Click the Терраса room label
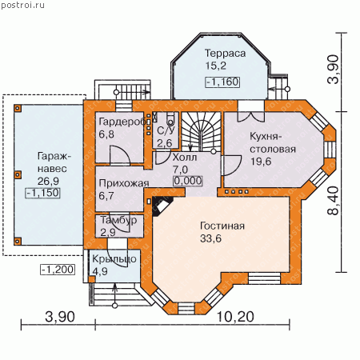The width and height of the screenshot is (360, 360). tap(225, 54)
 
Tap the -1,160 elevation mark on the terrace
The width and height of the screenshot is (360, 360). tap(222, 82)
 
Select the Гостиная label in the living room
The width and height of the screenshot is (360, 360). tap(222, 226)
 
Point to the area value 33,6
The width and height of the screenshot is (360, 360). tap(210, 238)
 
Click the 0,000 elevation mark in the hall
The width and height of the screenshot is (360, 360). tap(188, 181)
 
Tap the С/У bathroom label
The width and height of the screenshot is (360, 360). tap(166, 130)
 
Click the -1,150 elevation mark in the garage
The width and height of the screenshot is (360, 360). tap(42, 193)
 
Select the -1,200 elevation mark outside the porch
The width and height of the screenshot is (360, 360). tap(58, 270)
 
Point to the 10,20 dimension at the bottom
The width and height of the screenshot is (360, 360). tap(235, 317)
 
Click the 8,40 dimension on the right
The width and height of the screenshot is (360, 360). tap(334, 201)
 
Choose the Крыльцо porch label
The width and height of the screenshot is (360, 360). tap(114, 259)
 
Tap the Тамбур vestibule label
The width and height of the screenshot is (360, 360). tap(118, 220)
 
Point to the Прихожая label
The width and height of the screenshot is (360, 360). tap(124, 184)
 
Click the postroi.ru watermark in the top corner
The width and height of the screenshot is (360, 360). tap(22, 6)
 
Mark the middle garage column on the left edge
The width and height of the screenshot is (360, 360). tap(18, 174)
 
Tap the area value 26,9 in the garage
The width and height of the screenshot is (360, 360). tap(48, 182)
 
